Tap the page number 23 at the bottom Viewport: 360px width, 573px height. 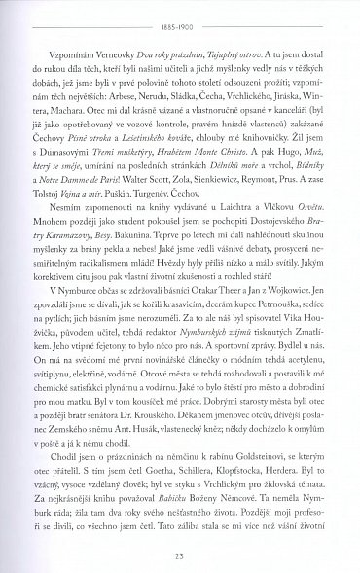coord(180,554)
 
